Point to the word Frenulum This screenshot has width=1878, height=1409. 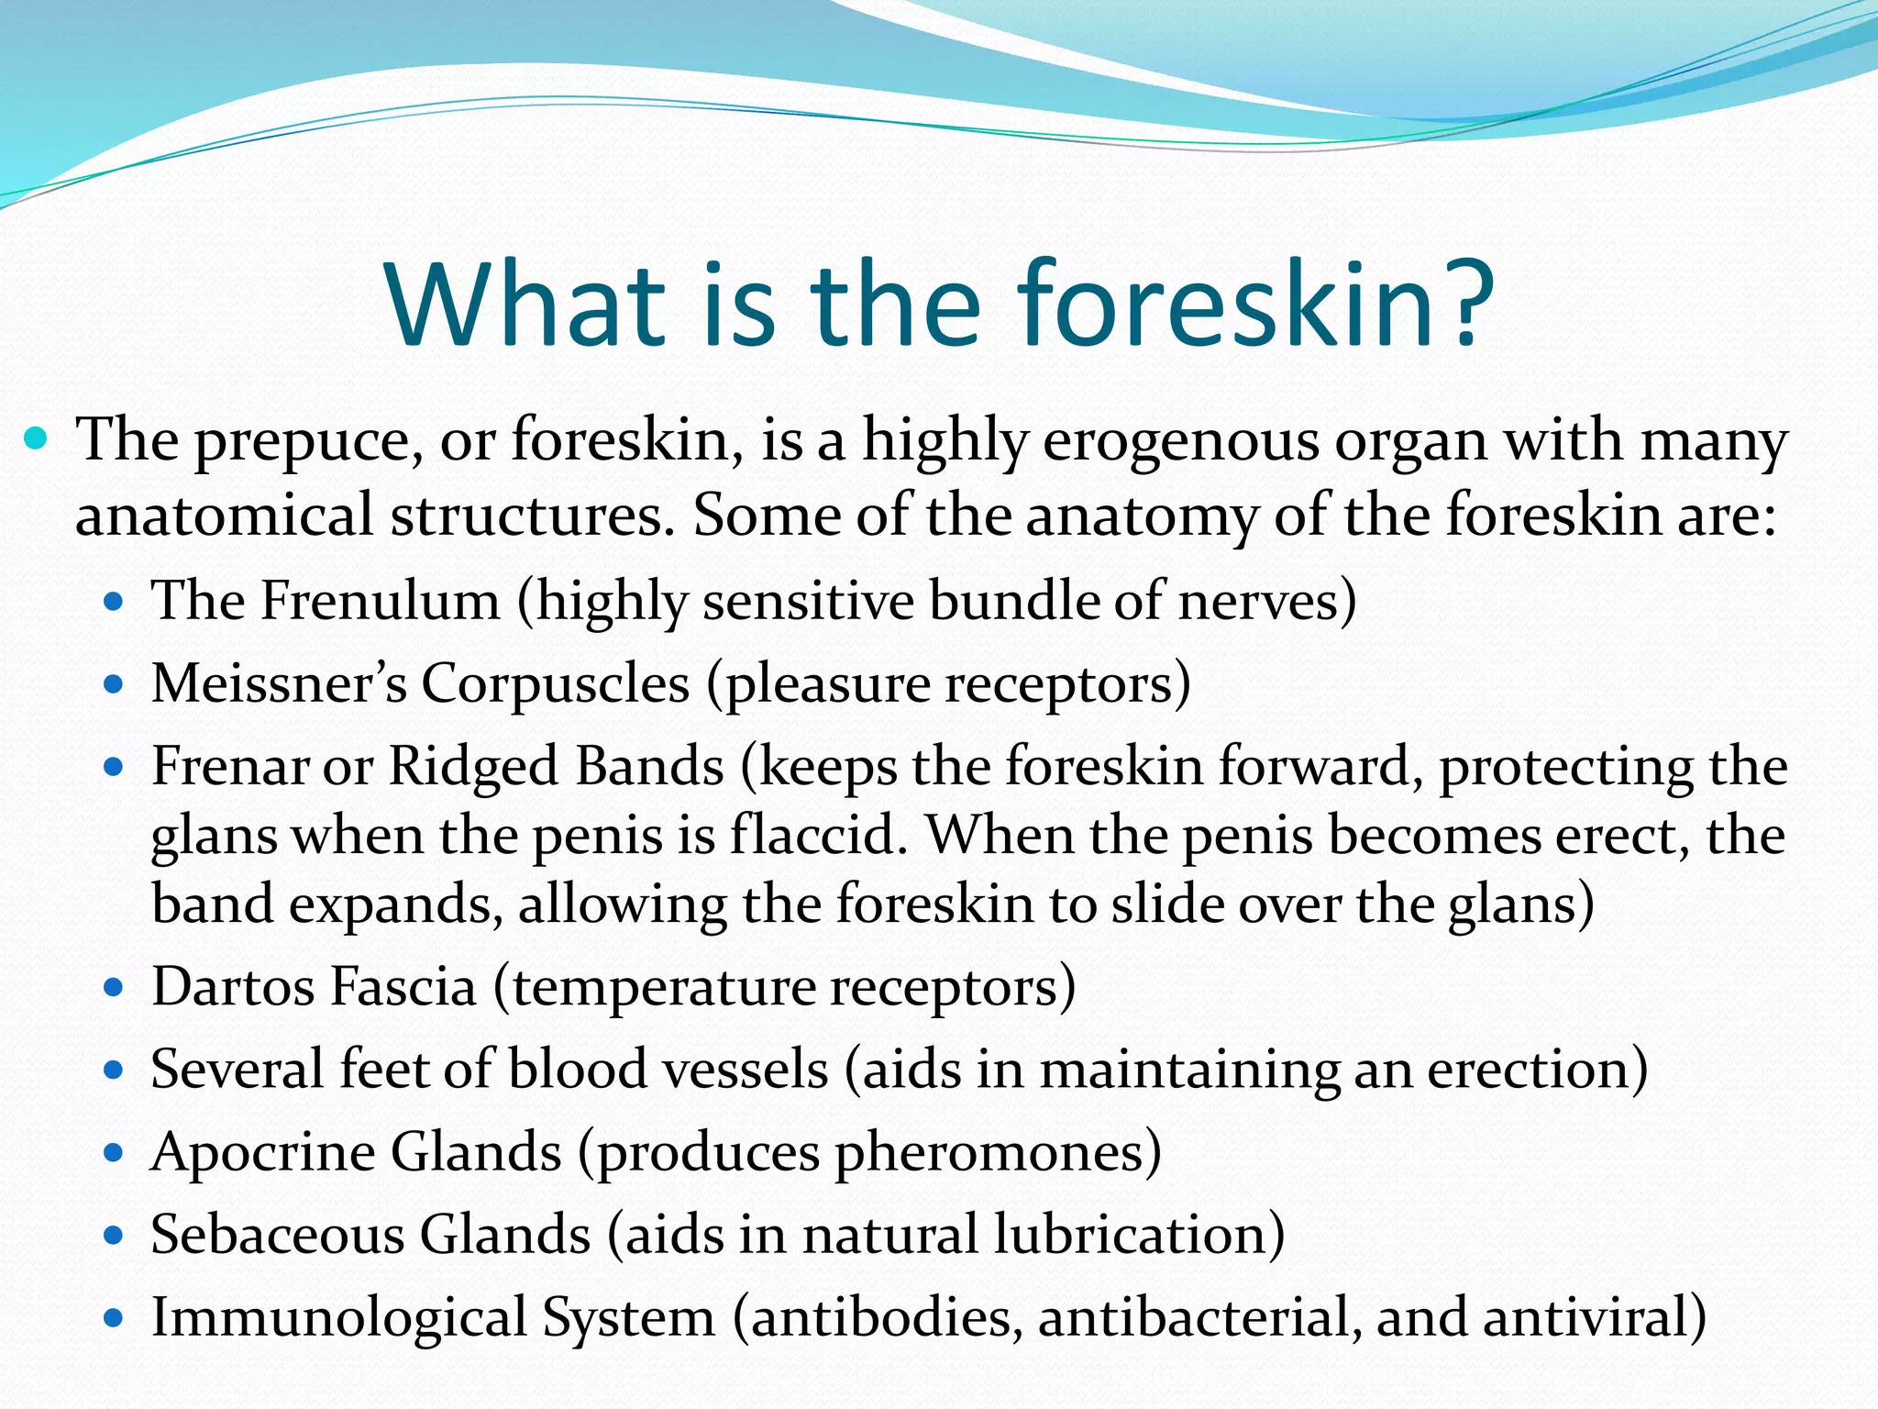click(380, 602)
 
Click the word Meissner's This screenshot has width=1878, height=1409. click(279, 684)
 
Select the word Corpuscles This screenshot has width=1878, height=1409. click(555, 684)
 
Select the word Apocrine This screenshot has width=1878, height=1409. click(262, 1153)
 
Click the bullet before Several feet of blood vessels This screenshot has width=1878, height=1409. click(114, 1071)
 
